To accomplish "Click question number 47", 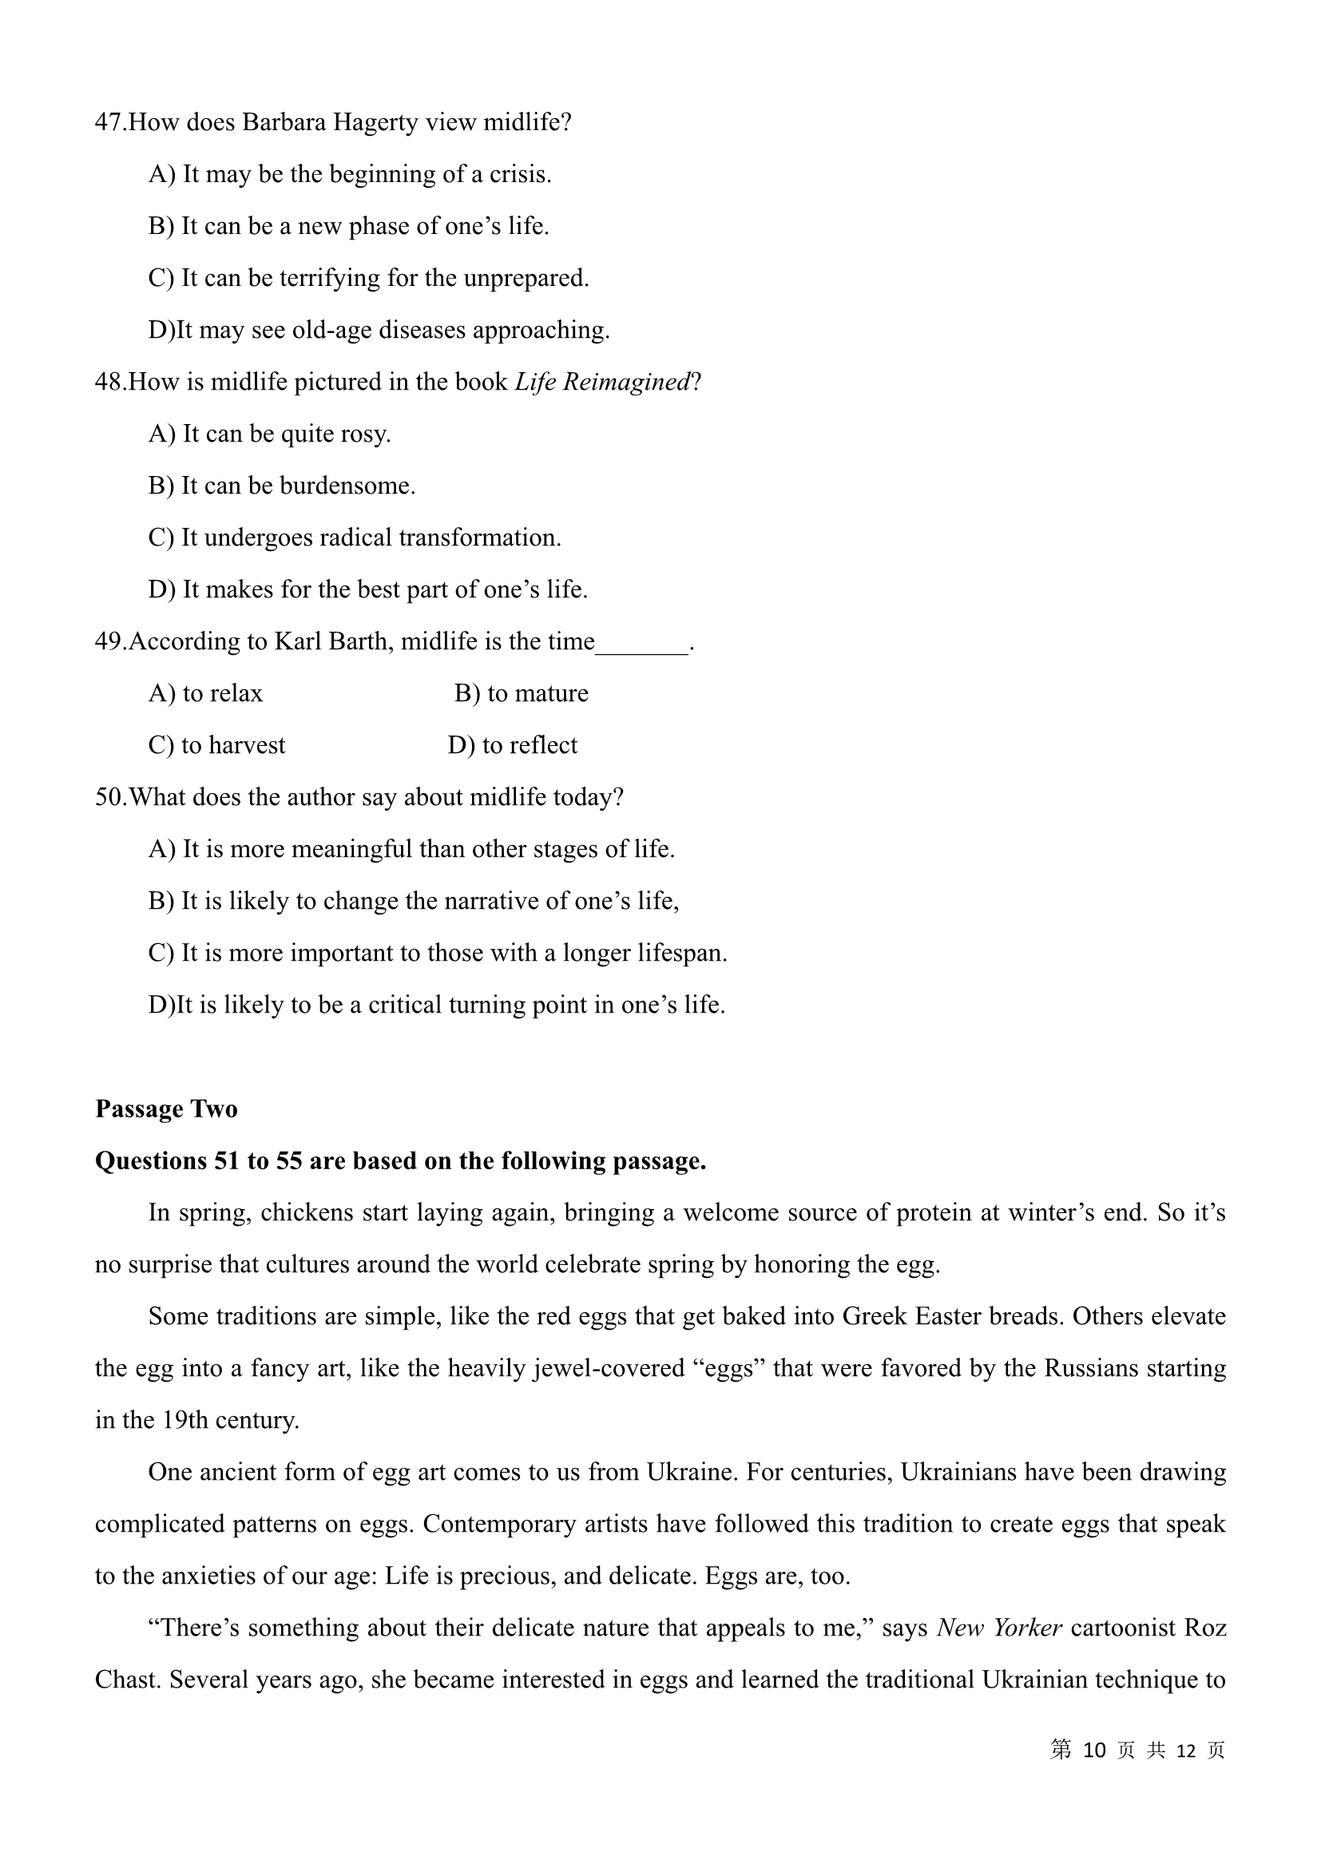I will (x=109, y=123).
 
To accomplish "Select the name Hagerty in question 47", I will (x=361, y=123).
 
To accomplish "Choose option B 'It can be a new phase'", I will (x=349, y=226).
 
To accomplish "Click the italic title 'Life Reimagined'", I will (x=602, y=383).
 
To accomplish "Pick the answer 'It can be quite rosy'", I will (x=270, y=434).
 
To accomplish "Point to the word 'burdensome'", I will (x=347, y=486).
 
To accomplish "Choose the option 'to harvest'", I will (x=217, y=746).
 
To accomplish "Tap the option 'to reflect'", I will (x=514, y=746).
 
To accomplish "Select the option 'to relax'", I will (x=206, y=694).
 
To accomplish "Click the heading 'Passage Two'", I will (x=166, y=1110).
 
